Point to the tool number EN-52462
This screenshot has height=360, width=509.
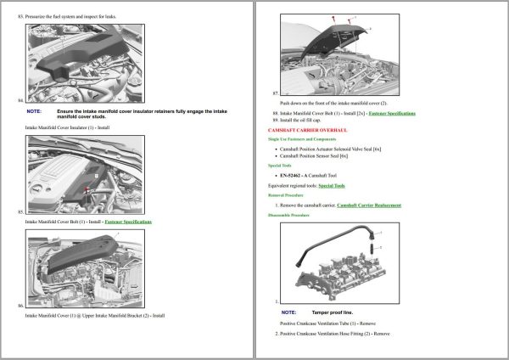click(295, 175)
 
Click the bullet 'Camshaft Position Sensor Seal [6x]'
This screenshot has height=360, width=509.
click(316, 156)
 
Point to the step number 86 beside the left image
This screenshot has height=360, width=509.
click(20, 304)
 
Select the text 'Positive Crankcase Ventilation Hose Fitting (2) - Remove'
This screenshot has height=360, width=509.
click(335, 334)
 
